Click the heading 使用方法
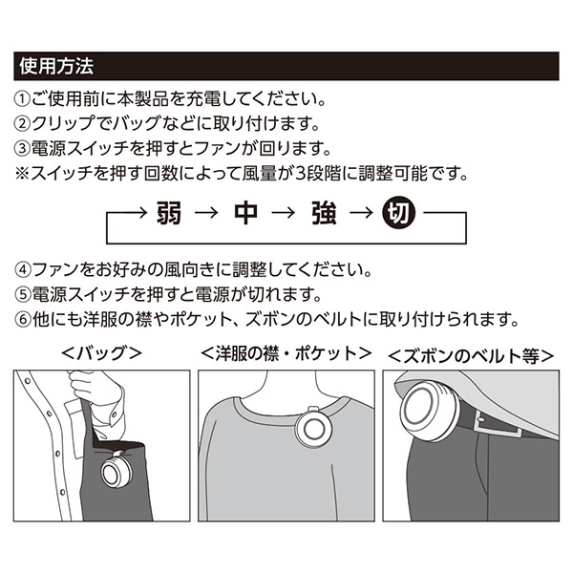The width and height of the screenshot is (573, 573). (x=56, y=66)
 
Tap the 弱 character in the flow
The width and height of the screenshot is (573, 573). (x=169, y=213)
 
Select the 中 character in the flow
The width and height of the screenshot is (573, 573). (x=246, y=213)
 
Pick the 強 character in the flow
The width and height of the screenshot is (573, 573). (x=324, y=213)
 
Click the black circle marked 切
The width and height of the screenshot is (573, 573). (x=398, y=212)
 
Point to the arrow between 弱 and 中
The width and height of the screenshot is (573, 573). (x=207, y=212)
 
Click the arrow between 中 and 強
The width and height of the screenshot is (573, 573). (x=284, y=212)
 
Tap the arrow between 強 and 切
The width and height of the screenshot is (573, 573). (x=362, y=212)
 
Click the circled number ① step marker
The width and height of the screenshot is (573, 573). (x=22, y=99)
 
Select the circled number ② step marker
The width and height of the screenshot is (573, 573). (x=22, y=124)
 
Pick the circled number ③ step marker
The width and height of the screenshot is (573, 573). (x=22, y=148)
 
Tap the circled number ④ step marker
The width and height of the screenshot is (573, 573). (x=23, y=270)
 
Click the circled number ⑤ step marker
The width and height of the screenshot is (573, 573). (x=23, y=294)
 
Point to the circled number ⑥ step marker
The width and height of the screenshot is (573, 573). (x=23, y=319)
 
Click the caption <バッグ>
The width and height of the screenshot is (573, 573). (x=101, y=353)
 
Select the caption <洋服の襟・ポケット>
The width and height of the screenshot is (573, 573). (x=286, y=353)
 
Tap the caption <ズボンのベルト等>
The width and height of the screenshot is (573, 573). (x=471, y=356)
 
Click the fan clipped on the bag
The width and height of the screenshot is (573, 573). (x=117, y=471)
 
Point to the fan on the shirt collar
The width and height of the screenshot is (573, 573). (x=314, y=429)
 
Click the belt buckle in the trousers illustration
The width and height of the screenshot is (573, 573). (x=499, y=427)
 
